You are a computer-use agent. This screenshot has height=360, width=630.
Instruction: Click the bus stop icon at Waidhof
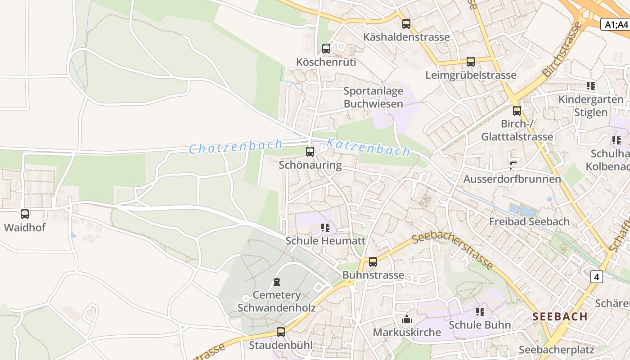[x=25, y=214]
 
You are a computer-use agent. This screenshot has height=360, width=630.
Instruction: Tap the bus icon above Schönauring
[x=310, y=152]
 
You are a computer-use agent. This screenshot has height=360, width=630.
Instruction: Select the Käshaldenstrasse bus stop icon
[x=406, y=24]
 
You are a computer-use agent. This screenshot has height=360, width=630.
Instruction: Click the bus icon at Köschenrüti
[x=326, y=49]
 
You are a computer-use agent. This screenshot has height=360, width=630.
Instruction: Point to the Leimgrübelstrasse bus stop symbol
[x=471, y=62]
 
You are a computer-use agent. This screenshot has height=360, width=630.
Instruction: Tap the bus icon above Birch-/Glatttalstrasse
[x=517, y=110]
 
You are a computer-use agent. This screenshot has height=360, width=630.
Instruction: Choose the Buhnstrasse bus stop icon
[x=373, y=262]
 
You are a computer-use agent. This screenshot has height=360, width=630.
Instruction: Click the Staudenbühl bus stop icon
[x=281, y=332]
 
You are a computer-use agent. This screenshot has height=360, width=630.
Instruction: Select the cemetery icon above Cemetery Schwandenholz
[x=277, y=282]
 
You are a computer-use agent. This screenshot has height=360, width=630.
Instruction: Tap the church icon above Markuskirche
[x=407, y=319]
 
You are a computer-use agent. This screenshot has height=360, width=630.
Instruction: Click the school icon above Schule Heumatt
[x=326, y=228]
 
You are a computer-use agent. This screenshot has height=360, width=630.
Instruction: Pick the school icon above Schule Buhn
[x=480, y=311]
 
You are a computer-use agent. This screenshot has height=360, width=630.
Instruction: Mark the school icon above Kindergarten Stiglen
[x=591, y=86]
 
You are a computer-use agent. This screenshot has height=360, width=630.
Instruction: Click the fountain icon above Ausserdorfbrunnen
[x=513, y=165]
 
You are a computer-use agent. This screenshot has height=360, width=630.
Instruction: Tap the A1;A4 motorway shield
[x=616, y=24]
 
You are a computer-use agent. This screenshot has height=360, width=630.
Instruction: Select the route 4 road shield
[x=597, y=277]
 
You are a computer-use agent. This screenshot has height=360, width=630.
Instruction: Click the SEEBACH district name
[x=560, y=316]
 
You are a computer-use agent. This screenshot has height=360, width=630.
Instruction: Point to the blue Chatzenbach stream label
[x=235, y=147]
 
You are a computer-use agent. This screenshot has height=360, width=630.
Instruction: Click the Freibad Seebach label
[x=529, y=221]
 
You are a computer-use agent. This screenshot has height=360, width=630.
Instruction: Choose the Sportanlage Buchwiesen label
[x=373, y=97]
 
